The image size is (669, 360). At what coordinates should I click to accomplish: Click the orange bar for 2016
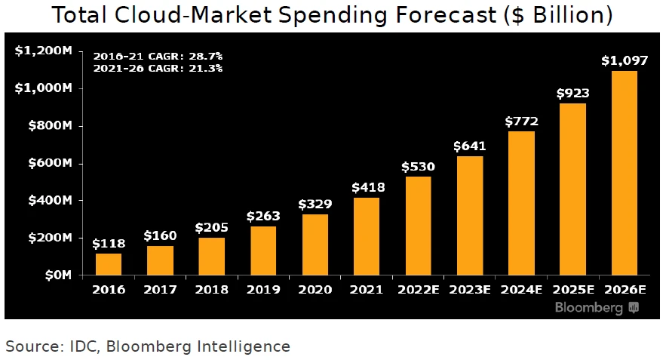[109, 264]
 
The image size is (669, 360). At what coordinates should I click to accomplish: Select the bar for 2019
[263, 251]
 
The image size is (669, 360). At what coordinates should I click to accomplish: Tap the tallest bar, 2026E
[624, 173]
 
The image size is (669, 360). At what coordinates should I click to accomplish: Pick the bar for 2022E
[418, 226]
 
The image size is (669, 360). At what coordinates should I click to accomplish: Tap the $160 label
[160, 235]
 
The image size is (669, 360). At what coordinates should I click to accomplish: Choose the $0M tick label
[55, 275]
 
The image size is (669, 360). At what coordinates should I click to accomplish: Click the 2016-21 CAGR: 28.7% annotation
[157, 57]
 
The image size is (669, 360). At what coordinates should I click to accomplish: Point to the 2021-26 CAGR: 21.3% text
[157, 68]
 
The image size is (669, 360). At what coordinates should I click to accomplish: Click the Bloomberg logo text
[589, 308]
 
